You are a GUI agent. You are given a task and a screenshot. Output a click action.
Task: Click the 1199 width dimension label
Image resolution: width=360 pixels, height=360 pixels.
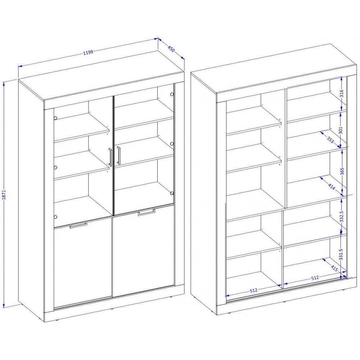pyautogui.click(x=88, y=52)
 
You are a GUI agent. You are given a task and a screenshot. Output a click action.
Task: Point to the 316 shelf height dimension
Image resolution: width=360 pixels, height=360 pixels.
pyautogui.click(x=341, y=94)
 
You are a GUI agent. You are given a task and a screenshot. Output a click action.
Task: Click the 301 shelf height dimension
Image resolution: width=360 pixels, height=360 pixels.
pyautogui.click(x=341, y=130)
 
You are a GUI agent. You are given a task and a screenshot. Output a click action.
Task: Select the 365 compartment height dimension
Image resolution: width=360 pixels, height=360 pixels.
pyautogui.click(x=342, y=171)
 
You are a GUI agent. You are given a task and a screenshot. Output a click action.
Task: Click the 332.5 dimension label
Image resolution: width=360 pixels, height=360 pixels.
pyautogui.click(x=341, y=216)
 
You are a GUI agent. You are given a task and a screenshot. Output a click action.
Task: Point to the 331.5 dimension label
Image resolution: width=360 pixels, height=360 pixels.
pyautogui.click(x=341, y=255)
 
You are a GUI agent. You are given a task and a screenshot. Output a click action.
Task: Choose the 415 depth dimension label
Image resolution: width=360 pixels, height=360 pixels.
pyautogui.click(x=334, y=268)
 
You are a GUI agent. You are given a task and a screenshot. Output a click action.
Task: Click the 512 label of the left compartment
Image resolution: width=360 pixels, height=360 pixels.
pyautogui.click(x=253, y=291)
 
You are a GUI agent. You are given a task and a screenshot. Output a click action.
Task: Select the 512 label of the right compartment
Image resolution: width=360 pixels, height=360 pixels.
pyautogui.click(x=315, y=278)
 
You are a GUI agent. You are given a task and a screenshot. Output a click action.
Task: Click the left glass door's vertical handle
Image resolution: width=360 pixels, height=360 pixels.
pyautogui.click(x=110, y=157)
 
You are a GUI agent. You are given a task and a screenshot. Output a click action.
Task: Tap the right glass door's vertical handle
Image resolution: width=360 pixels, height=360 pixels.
pyautogui.click(x=118, y=156)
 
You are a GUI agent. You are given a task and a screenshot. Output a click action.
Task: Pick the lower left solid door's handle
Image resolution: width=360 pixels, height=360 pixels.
pyautogui.click(x=78, y=225)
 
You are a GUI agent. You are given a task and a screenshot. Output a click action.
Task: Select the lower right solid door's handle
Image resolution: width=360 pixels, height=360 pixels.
pyautogui.click(x=147, y=212)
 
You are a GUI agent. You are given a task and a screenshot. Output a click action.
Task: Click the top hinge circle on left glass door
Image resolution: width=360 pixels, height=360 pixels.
pyautogui.click(x=55, y=118)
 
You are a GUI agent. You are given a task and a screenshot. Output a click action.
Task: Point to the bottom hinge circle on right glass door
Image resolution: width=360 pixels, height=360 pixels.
pyautogui.click(x=171, y=193)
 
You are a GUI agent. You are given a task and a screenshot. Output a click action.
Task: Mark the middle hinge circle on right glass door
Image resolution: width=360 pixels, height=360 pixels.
pyautogui.click(x=171, y=144)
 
